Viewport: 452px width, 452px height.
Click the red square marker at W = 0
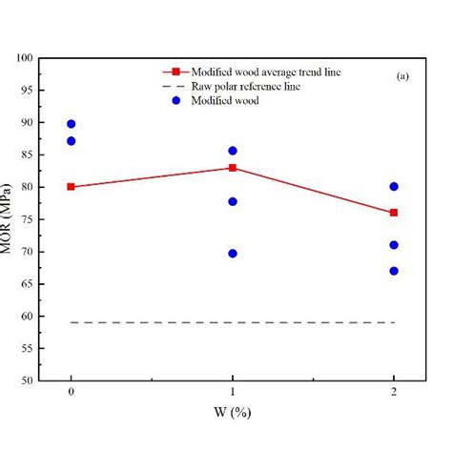click(x=72, y=187)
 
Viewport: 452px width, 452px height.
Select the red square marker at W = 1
click(x=233, y=168)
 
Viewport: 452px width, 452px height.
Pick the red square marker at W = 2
click(x=394, y=213)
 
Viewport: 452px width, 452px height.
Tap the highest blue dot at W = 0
click(x=72, y=124)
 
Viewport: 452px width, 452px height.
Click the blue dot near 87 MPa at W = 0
click(x=72, y=141)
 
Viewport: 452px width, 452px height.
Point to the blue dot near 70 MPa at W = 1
click(x=233, y=254)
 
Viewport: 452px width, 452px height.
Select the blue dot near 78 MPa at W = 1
click(x=233, y=201)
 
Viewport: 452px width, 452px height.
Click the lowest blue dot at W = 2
click(x=394, y=271)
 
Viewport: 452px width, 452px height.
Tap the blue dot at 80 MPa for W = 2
click(x=394, y=187)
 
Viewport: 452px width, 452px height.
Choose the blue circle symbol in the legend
click(x=176, y=100)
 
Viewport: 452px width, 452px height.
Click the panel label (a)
click(x=402, y=75)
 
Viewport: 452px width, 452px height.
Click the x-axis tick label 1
click(x=233, y=393)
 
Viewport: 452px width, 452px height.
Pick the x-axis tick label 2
click(x=394, y=393)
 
